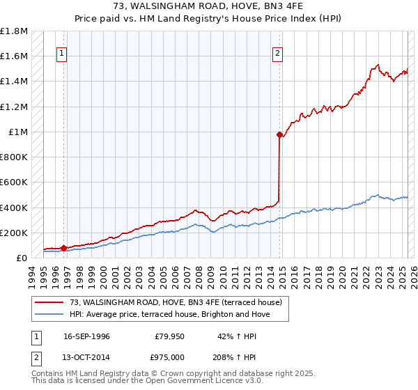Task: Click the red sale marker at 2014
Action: [x=279, y=135]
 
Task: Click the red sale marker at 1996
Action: [x=63, y=247]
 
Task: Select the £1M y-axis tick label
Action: [x=18, y=132]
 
